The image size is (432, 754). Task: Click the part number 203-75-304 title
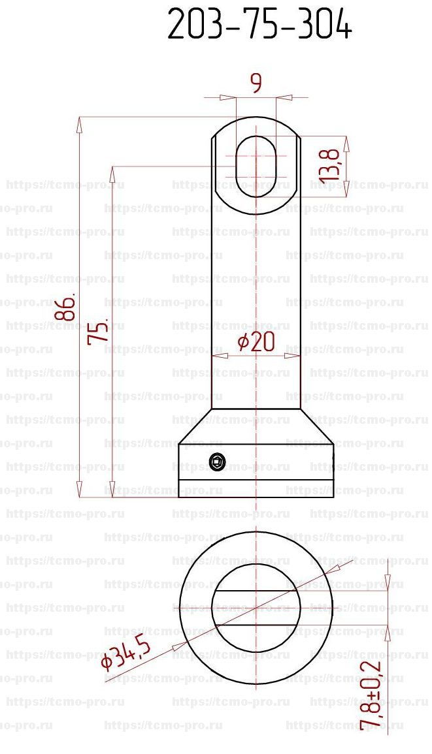pyautogui.click(x=259, y=25)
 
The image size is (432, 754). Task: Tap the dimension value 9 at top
pyautogui.click(x=257, y=84)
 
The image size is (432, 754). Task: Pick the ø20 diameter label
pyautogui.click(x=256, y=342)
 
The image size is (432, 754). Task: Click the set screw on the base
pyautogui.click(x=217, y=462)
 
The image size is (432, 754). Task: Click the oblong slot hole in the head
pyautogui.click(x=256, y=166)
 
